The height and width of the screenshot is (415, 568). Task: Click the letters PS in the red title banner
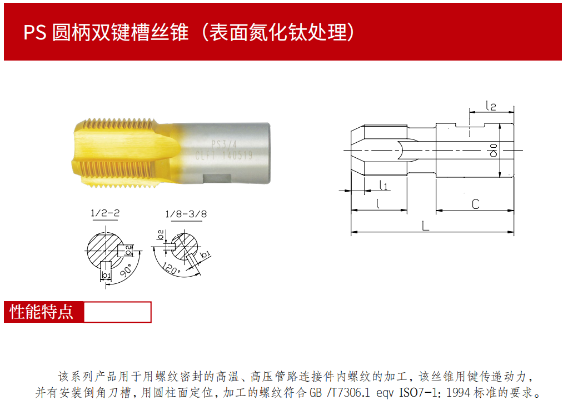click(35, 32)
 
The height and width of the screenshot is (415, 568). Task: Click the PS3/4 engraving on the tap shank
click(224, 145)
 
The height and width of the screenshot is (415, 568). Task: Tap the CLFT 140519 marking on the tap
click(223, 156)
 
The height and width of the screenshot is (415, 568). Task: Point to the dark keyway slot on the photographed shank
click(217, 178)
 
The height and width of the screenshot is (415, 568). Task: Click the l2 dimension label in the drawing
click(491, 106)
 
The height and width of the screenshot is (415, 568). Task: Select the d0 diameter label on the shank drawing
click(493, 151)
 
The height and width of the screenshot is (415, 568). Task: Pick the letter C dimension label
click(476, 204)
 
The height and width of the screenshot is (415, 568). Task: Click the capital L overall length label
click(425, 226)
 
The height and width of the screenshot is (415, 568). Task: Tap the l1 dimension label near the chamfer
click(383, 186)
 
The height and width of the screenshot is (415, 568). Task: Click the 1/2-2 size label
click(105, 213)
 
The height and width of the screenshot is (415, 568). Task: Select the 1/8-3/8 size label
click(186, 214)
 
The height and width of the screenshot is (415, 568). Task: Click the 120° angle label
click(171, 268)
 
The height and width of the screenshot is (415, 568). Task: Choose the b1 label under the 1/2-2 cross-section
click(106, 275)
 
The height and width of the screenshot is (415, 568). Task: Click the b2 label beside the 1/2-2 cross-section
click(128, 250)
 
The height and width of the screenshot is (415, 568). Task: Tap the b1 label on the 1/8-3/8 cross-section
click(205, 254)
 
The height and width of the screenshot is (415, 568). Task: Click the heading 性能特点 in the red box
click(41, 312)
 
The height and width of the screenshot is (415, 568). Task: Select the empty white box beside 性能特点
click(117, 312)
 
